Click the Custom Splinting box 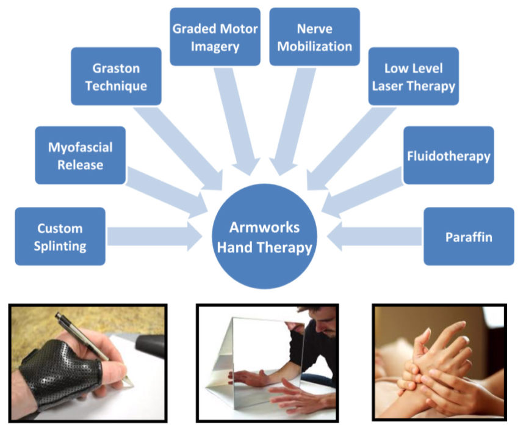(60, 236)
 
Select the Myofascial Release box (80, 155)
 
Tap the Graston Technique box (116, 76)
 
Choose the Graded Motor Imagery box (215, 37)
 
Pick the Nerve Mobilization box (314, 37)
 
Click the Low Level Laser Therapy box (413, 76)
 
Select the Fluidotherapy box (449, 155)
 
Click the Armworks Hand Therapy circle (264, 236)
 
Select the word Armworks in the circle (264, 227)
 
